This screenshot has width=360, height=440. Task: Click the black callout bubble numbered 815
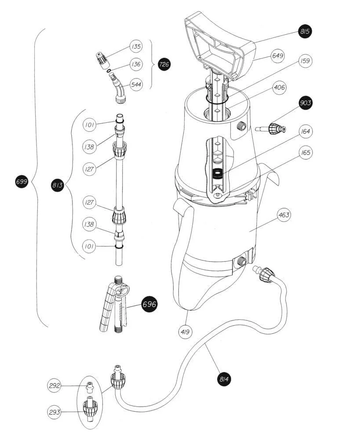305,31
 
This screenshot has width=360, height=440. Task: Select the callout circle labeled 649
277,56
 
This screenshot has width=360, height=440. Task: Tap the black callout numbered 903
305,103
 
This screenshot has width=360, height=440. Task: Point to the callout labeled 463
284,215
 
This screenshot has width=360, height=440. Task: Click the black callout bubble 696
149,304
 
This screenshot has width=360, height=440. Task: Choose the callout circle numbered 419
185,332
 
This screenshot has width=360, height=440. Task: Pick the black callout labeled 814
224,379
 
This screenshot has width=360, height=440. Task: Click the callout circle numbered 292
55,385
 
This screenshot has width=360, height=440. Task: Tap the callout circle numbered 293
55,412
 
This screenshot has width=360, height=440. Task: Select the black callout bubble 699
22,182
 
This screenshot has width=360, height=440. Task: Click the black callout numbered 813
58,185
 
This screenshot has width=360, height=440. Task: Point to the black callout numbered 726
164,64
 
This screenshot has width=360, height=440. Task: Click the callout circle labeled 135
136,46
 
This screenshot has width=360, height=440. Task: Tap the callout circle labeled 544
136,84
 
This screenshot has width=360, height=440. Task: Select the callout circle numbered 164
305,131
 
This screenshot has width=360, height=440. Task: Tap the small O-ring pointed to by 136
109,70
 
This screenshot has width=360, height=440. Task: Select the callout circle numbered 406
279,88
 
